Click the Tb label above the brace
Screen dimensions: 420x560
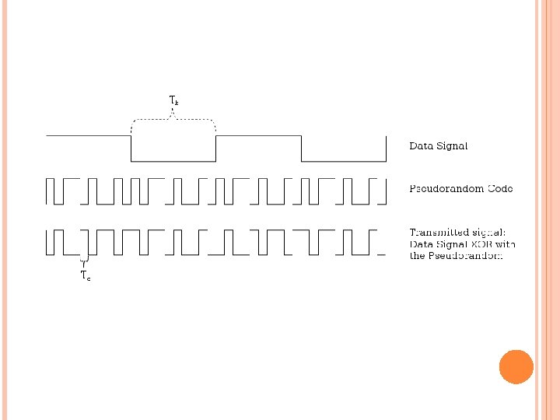(x=173, y=100)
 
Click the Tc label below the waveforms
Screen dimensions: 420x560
(x=85, y=275)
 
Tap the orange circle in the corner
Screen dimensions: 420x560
(x=516, y=367)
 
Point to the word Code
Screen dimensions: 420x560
(x=499, y=189)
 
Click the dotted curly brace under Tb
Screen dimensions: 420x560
(x=173, y=120)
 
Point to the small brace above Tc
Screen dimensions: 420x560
(x=84, y=258)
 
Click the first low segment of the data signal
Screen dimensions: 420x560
(x=173, y=161)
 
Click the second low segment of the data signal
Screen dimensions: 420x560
(x=343, y=161)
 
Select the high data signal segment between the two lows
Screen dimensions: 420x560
(x=258, y=136)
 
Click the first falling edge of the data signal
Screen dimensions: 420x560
(x=131, y=149)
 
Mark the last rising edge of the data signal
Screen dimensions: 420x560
(x=386, y=149)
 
